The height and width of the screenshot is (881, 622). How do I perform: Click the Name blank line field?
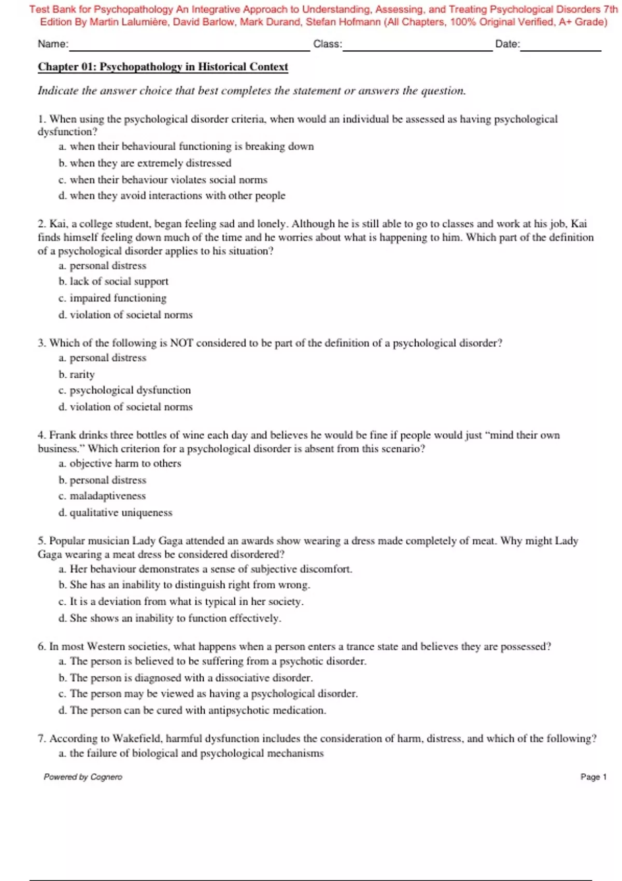click(x=189, y=46)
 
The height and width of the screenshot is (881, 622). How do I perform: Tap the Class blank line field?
click(x=417, y=46)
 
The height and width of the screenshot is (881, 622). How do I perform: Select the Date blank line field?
click(x=561, y=46)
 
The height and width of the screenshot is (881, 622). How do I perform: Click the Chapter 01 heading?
click(x=163, y=67)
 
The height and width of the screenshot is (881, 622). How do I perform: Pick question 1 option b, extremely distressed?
click(x=145, y=163)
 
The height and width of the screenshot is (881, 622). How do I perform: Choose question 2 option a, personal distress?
click(x=103, y=266)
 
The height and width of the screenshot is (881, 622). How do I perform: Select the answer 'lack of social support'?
click(x=114, y=281)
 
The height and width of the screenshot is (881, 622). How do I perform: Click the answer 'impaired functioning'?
click(x=112, y=298)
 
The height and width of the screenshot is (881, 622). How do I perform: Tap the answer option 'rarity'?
click(x=77, y=374)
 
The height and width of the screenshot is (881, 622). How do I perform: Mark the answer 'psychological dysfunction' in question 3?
click(x=124, y=390)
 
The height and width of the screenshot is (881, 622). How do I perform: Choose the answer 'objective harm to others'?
click(x=120, y=463)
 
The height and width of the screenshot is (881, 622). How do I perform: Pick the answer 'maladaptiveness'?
click(x=102, y=496)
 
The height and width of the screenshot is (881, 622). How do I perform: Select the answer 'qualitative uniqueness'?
click(x=115, y=513)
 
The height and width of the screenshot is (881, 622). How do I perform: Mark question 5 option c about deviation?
click(x=181, y=602)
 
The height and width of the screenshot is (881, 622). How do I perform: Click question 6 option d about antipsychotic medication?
click(x=192, y=711)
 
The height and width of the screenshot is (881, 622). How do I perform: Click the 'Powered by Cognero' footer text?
click(x=83, y=777)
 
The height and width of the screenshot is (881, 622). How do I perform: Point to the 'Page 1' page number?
click(x=593, y=777)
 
